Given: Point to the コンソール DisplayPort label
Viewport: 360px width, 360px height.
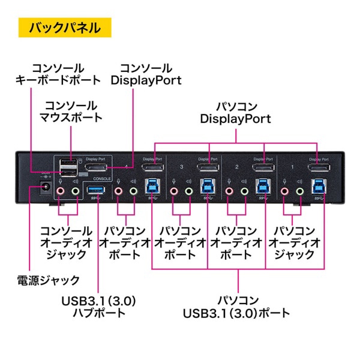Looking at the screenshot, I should tap(146, 73).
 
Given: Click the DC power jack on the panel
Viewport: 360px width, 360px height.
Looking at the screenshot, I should tap(43, 191).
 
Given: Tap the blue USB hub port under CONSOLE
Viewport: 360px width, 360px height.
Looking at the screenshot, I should tap(95, 191).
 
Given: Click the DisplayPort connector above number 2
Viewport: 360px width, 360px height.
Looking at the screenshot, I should tap(263, 167).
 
